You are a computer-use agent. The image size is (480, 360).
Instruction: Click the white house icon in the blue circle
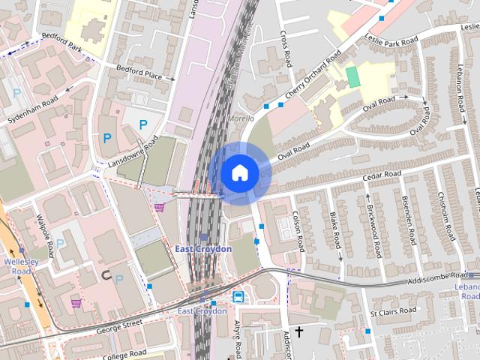pos(240,173)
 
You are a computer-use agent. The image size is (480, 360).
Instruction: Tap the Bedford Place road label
pos(139,72)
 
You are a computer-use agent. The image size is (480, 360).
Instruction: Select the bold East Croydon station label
pos(203,248)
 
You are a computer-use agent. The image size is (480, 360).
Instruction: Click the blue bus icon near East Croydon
pos(238,296)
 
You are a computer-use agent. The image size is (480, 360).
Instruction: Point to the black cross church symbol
pos(298,331)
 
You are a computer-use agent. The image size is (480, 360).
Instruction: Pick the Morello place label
pos(240,118)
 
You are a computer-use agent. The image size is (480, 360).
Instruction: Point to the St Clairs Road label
pos(393,313)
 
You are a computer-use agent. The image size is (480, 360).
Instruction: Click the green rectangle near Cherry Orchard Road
pos(352,76)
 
